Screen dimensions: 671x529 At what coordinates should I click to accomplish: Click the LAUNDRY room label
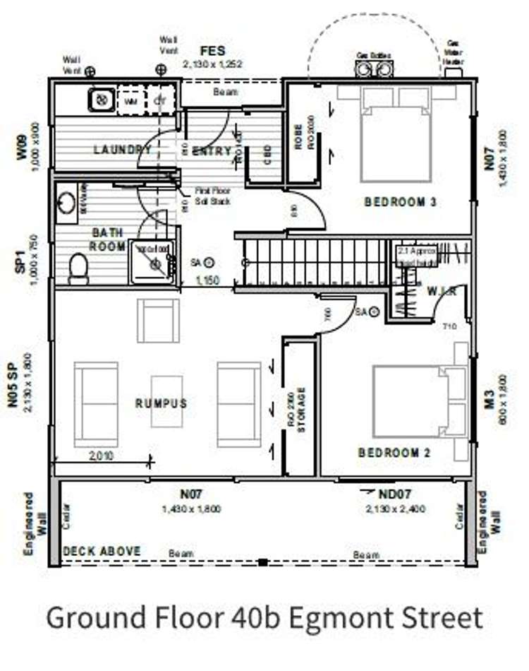pos(122,150)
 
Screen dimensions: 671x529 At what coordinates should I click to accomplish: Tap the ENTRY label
pos(212,150)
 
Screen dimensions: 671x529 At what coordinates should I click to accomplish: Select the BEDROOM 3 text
pos(401,202)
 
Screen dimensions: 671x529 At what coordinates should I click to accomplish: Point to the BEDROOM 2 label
pos(394,453)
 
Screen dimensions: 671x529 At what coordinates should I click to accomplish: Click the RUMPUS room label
pos(162,403)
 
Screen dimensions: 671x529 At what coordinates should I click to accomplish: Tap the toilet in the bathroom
pos(79,268)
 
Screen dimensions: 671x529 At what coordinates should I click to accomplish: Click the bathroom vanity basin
pos(66,203)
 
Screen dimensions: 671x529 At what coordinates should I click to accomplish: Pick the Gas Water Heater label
pos(454,52)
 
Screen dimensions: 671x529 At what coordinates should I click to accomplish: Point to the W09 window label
pos(22,148)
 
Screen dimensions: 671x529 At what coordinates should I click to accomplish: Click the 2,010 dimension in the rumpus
pos(102,456)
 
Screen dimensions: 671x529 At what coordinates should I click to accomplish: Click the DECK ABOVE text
pos(102,551)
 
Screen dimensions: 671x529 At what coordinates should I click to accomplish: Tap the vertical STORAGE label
pos(301,409)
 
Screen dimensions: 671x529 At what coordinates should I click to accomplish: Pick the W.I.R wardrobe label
pos(442,291)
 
